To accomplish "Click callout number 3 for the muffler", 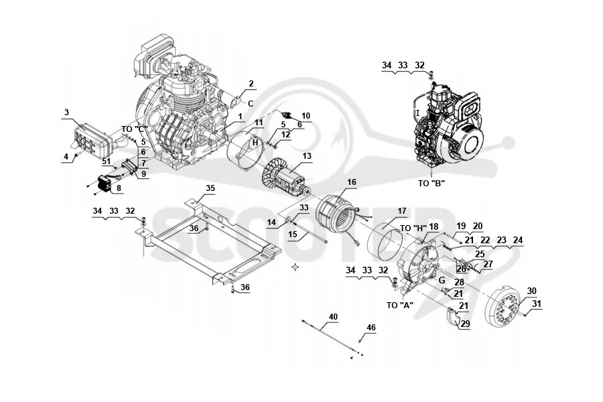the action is [x=66, y=113].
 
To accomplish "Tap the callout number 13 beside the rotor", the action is [x=307, y=156].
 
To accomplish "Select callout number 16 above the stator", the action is [x=352, y=182].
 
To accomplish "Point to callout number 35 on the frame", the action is [x=210, y=188].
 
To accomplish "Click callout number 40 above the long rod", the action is [x=333, y=317].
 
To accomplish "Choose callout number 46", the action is [x=371, y=328].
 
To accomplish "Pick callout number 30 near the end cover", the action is [x=531, y=291].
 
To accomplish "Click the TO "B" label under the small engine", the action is [x=431, y=184].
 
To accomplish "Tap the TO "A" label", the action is [x=400, y=306].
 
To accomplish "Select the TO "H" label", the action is [x=413, y=228].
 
